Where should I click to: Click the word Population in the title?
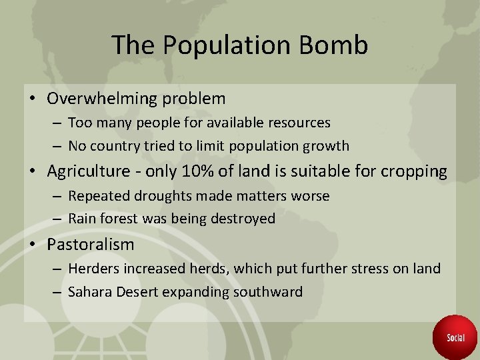pos(224,45)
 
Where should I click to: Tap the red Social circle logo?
pos(455,337)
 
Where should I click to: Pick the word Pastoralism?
pos(91,245)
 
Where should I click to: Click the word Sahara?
pos(91,291)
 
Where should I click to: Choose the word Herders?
pos(94,269)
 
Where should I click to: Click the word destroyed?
pos(243,219)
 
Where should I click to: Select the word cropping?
pos(414,171)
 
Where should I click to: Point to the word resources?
pos(298,123)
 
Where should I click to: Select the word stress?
pos(375,269)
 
